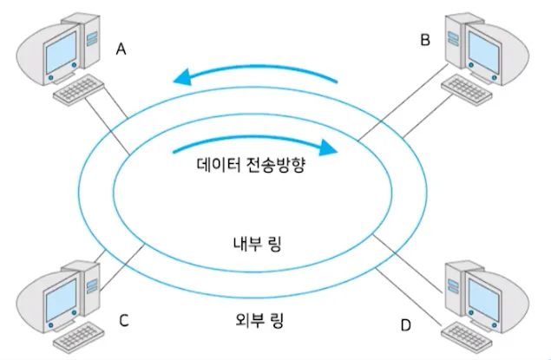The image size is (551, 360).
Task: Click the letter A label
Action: coord(121,49)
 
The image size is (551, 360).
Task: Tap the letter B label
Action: coord(425,39)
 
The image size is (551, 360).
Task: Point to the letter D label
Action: coord(404,325)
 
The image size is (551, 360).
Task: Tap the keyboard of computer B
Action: coord(469,85)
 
